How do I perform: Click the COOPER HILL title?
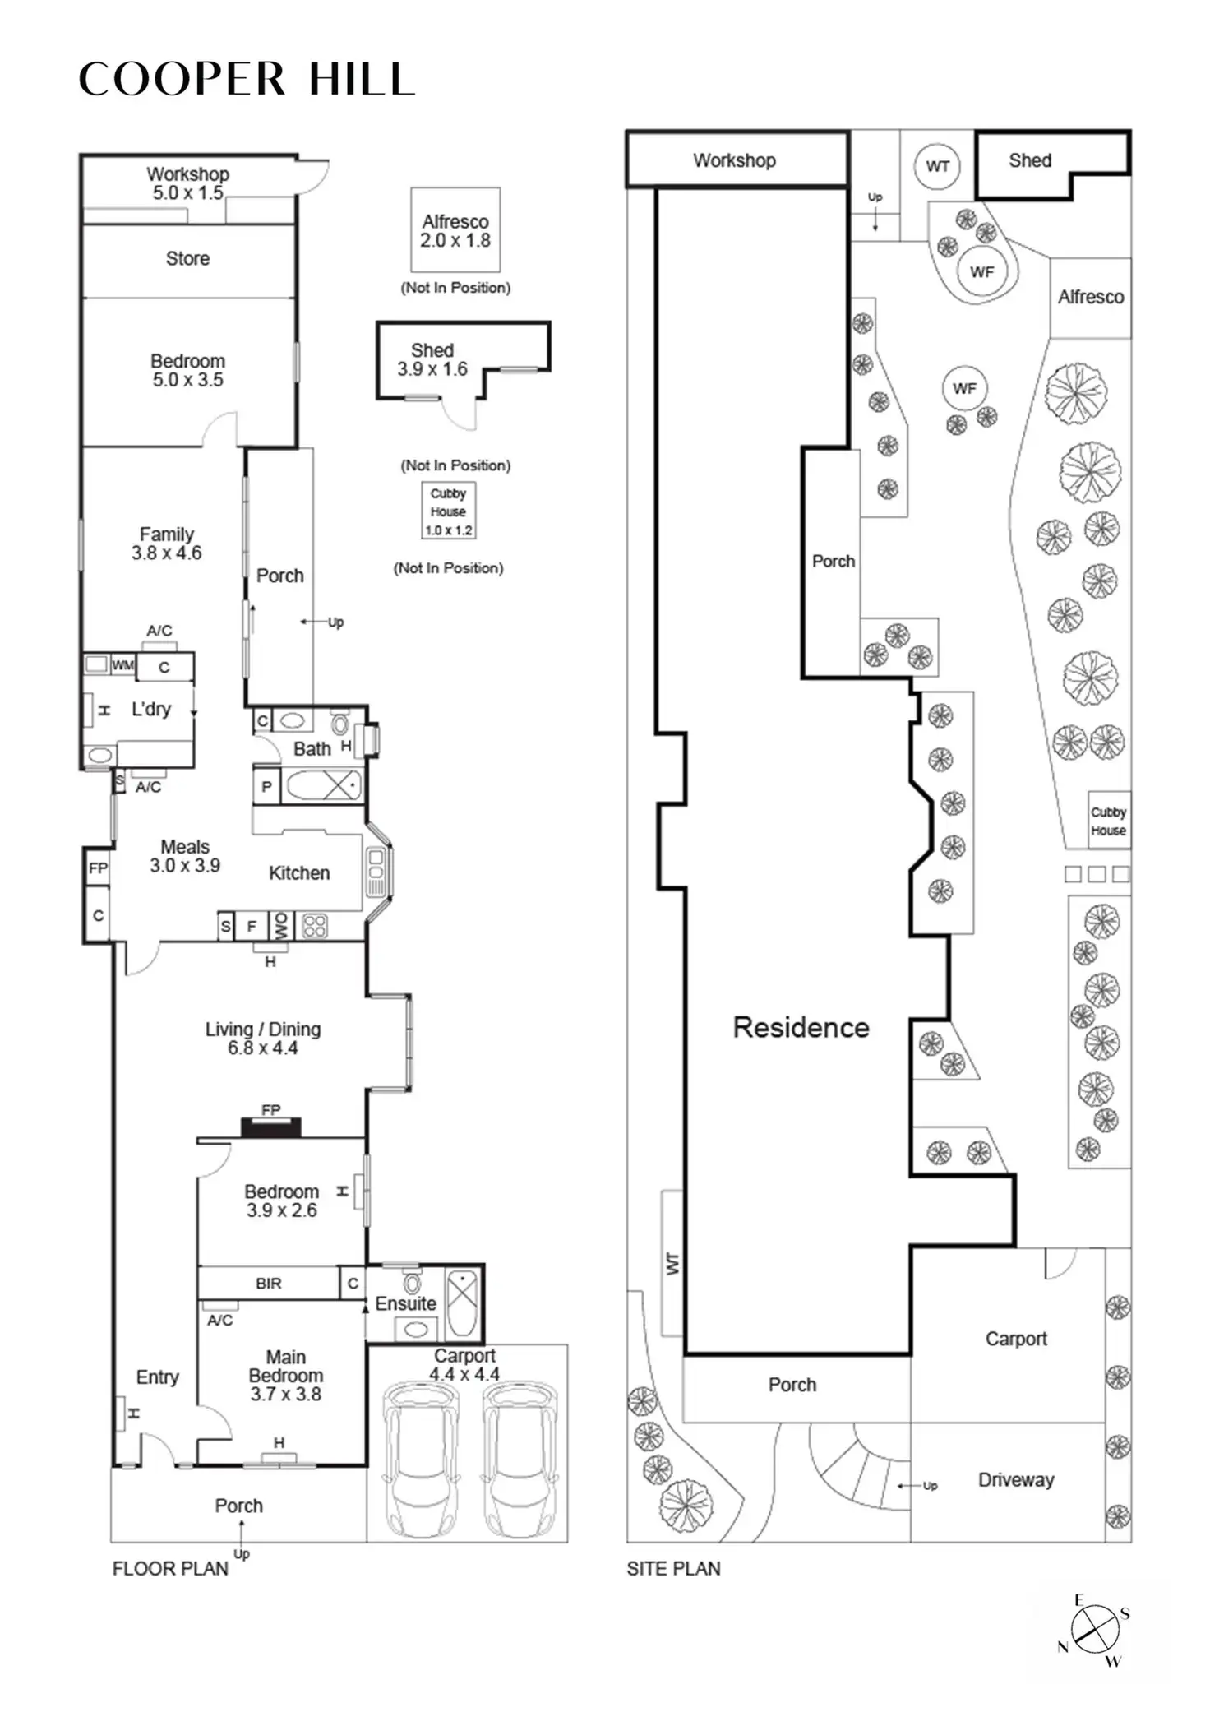point(247,80)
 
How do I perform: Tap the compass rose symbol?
point(1095,1629)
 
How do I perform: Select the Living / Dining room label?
point(263,1038)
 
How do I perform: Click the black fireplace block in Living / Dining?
point(271,1127)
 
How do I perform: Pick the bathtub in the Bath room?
point(322,785)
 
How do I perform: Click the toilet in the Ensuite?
point(412,1284)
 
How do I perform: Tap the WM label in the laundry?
point(123,664)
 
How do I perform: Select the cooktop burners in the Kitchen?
point(315,926)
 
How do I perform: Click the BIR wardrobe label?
point(269,1283)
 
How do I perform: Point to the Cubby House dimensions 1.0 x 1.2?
point(449,530)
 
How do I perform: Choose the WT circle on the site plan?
point(937,166)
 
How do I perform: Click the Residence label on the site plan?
point(801,1027)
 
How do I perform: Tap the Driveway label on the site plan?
point(1016,1479)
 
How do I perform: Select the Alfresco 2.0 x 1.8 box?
point(455,230)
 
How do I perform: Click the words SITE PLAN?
point(673,1568)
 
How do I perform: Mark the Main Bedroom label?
point(286,1375)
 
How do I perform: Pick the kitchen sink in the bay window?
point(376,872)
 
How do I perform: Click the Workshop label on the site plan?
point(734,160)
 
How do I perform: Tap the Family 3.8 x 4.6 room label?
point(167,544)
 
